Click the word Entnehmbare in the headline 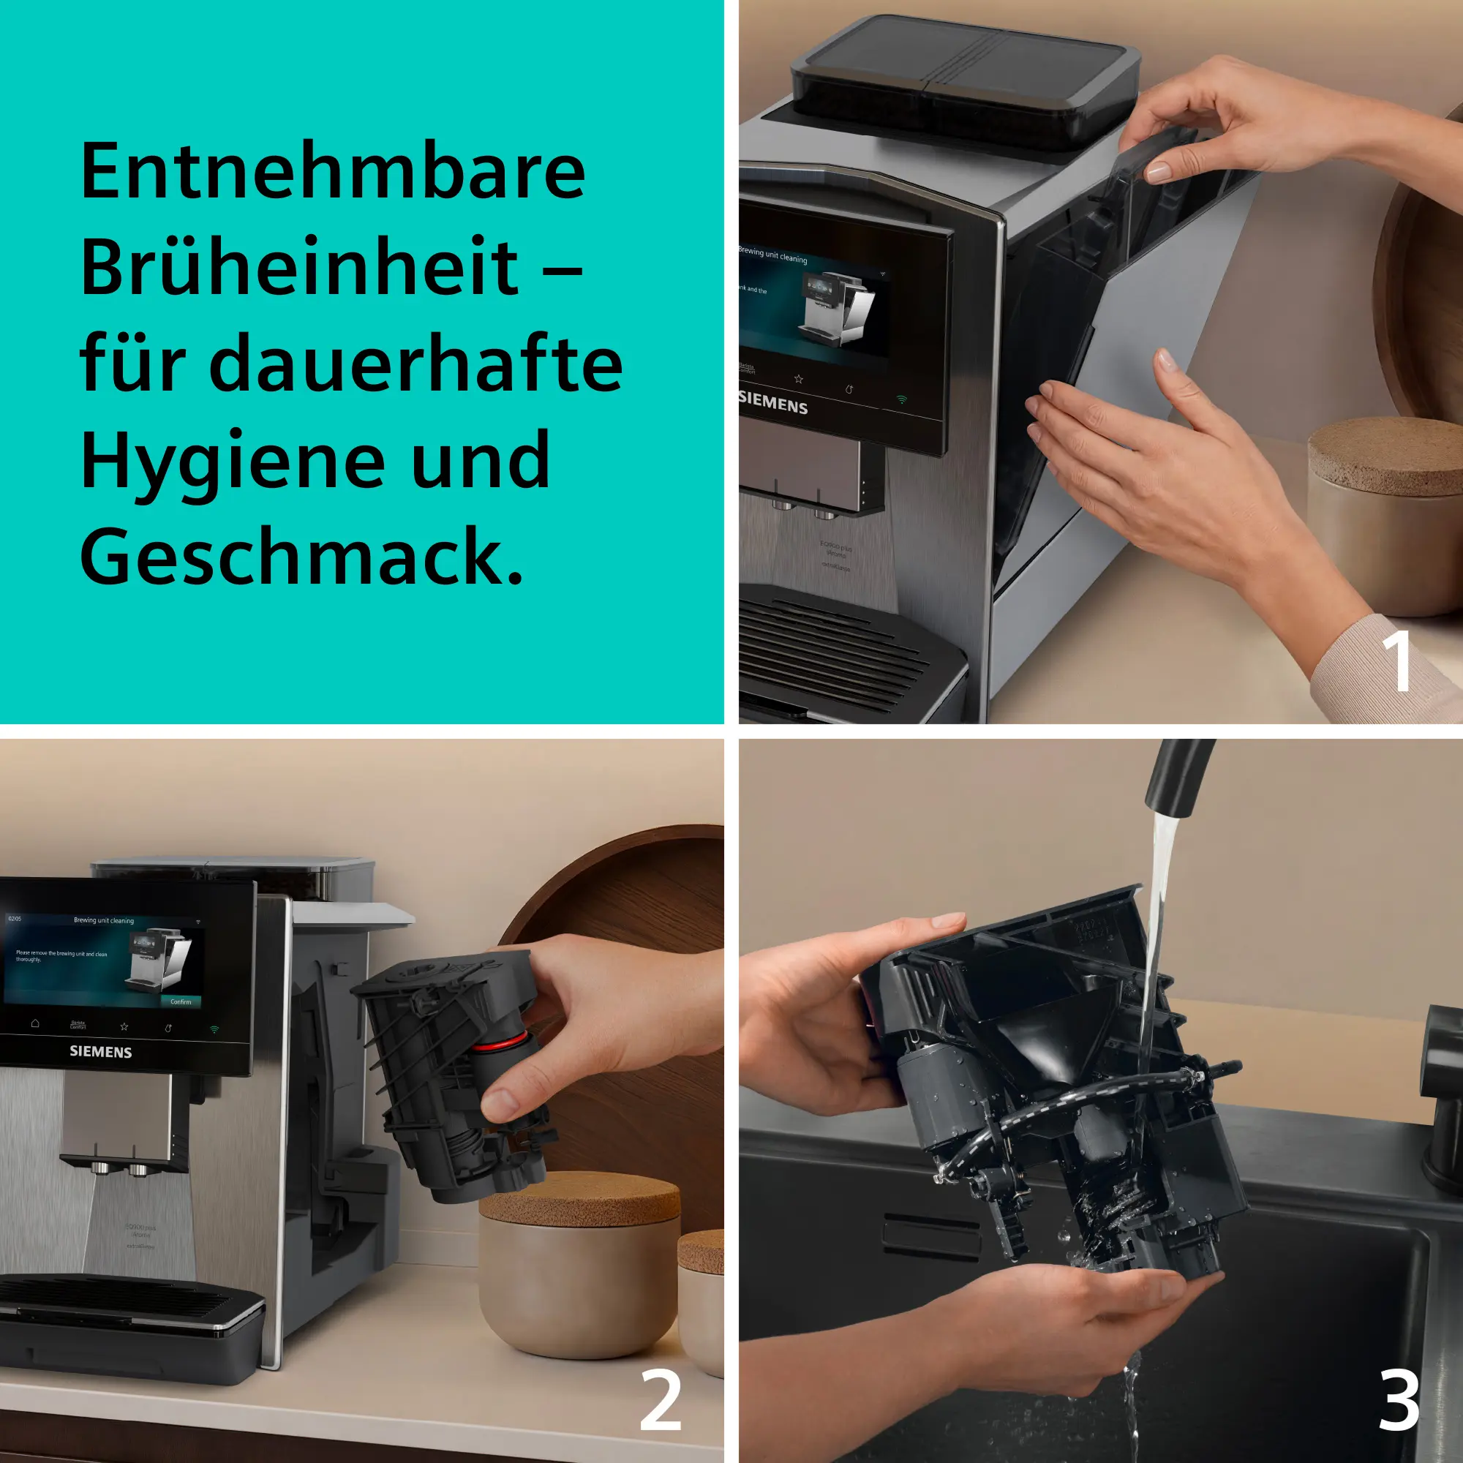333,172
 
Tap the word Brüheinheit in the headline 299,268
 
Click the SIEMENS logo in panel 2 101,1052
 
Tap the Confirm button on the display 180,1002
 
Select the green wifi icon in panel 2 214,1029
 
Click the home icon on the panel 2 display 35,1023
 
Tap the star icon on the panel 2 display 124,1027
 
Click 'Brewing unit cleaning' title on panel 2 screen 104,921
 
